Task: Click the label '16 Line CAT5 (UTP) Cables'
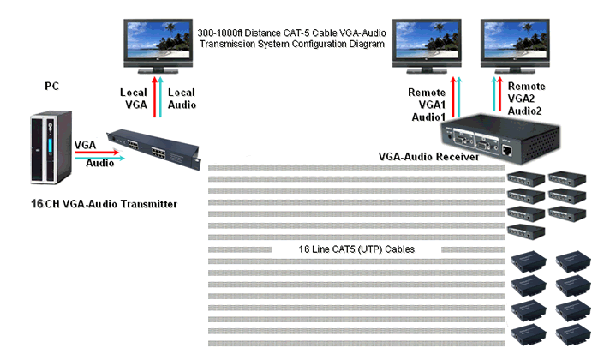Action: click(x=356, y=249)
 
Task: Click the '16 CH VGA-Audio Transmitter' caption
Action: click(x=103, y=204)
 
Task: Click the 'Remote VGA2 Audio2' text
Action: click(x=526, y=99)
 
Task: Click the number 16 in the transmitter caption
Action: click(x=36, y=204)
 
